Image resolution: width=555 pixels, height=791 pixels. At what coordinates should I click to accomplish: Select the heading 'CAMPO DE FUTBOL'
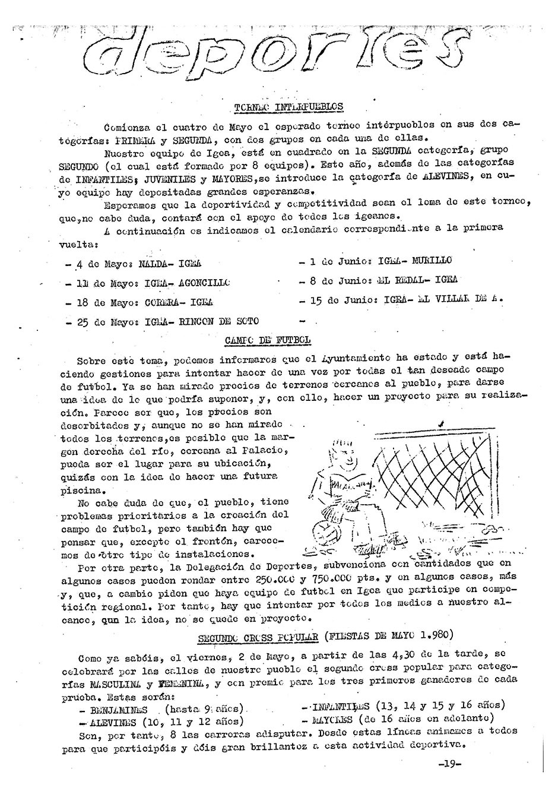click(268, 340)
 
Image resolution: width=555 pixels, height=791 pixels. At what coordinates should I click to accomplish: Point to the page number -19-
click(449, 764)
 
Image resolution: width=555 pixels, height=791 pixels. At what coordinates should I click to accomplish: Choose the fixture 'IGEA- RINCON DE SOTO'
click(201, 321)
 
